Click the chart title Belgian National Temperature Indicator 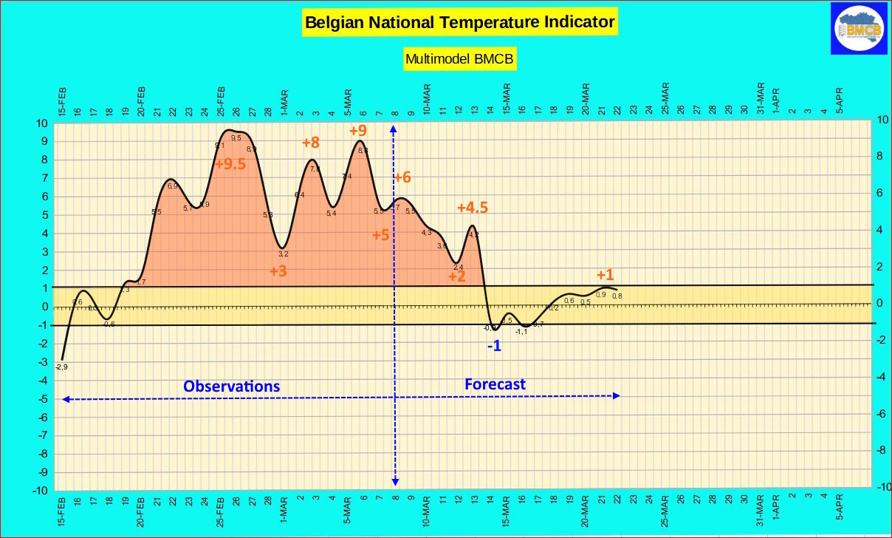[459, 23]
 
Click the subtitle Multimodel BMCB [459, 58]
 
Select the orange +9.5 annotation [230, 164]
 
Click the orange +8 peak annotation [310, 143]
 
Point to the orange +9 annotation [357, 131]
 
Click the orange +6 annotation [402, 177]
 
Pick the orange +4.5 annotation [473, 208]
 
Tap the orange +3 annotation [278, 271]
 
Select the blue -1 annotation [494, 345]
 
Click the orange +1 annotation [605, 276]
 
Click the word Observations [232, 386]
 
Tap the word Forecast [495, 384]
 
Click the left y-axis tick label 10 [43, 123]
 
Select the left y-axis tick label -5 [43, 399]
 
